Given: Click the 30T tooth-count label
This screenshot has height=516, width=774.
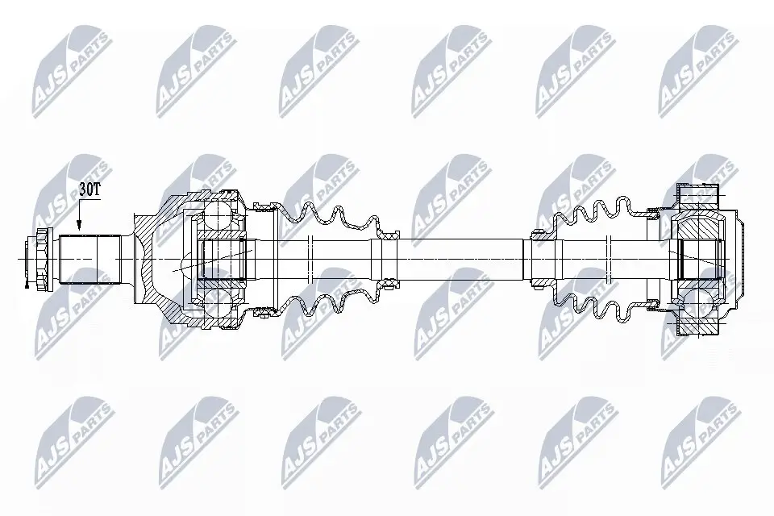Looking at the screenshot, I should [x=90, y=189].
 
